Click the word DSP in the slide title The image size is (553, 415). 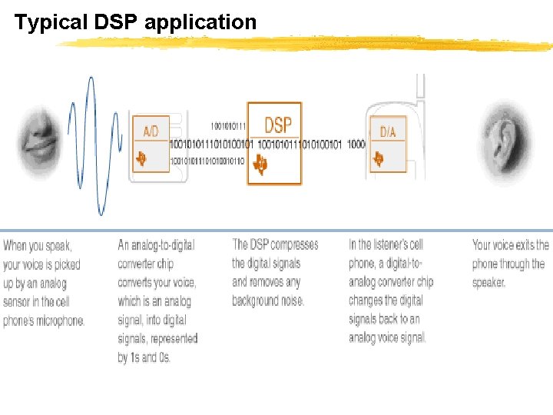(x=116, y=22)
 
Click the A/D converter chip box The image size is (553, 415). (x=151, y=143)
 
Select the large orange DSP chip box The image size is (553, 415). (x=274, y=144)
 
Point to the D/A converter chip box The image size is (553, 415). (x=388, y=143)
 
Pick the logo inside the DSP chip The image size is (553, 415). (x=262, y=164)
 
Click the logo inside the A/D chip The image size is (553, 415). (x=142, y=159)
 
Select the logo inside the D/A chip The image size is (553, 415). (x=379, y=159)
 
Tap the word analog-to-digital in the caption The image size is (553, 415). (x=156, y=245)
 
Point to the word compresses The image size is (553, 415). (x=294, y=244)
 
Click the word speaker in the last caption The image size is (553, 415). (x=488, y=283)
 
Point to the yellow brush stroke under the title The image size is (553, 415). (x=307, y=43)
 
